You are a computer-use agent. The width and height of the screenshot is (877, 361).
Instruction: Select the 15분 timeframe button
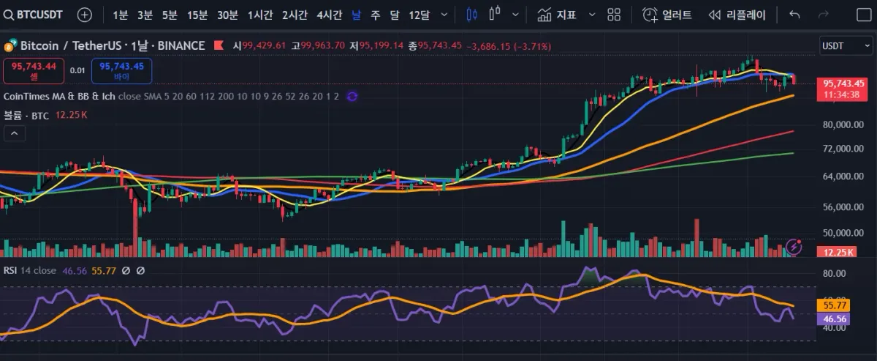coord(197,15)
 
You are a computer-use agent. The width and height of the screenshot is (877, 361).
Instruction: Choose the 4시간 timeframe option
coord(329,15)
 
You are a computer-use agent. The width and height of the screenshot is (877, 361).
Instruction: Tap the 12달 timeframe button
coord(419,15)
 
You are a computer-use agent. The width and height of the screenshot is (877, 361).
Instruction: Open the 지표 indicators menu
coord(557,15)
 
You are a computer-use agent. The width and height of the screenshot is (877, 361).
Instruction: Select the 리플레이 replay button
coord(737,15)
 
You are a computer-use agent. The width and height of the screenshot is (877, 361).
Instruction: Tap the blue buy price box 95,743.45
coord(121,70)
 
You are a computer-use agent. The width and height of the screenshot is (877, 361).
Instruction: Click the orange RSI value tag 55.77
coord(834,305)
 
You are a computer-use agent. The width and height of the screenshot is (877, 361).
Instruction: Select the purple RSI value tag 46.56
coord(834,319)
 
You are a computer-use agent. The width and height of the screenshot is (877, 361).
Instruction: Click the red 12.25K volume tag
coord(834,252)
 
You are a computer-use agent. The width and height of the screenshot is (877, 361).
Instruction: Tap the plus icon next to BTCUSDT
coord(85,15)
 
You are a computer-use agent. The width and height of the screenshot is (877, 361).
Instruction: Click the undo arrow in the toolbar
coord(795,15)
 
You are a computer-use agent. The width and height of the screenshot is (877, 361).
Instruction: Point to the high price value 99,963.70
coord(318,45)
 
